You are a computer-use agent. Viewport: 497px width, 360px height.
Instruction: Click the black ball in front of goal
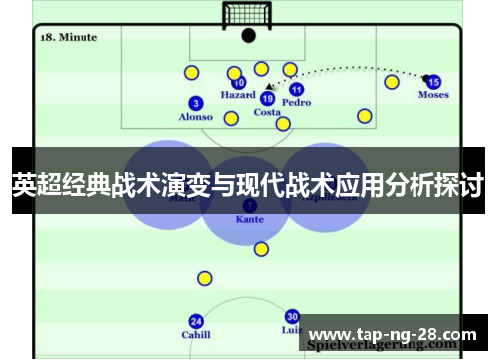pyautogui.click(x=248, y=36)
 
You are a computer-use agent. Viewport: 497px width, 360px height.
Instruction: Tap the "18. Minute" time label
pyautogui.click(x=69, y=37)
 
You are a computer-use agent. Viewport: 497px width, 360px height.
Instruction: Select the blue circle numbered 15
pyautogui.click(x=433, y=82)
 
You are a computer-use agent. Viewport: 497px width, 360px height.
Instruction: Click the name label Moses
pyautogui.click(x=433, y=96)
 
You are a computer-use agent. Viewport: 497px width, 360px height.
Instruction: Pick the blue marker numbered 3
pyautogui.click(x=196, y=103)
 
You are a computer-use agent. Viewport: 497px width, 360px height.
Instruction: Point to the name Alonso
pyautogui.click(x=195, y=117)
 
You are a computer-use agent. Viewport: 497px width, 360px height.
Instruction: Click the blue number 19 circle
pyautogui.click(x=267, y=98)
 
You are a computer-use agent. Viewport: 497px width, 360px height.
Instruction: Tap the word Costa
pyautogui.click(x=267, y=113)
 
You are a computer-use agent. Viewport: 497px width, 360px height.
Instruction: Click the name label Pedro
pyautogui.click(x=296, y=102)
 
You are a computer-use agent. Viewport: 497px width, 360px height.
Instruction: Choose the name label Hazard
pyautogui.click(x=238, y=96)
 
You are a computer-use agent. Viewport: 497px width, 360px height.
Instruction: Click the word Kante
pyautogui.click(x=249, y=218)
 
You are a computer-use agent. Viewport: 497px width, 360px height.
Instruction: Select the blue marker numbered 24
pyautogui.click(x=196, y=321)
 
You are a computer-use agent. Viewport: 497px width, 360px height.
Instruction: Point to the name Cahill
pyautogui.click(x=196, y=335)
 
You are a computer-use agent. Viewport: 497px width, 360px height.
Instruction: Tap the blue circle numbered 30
pyautogui.click(x=292, y=316)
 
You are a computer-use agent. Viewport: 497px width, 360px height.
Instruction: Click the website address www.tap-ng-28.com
pyautogui.click(x=394, y=333)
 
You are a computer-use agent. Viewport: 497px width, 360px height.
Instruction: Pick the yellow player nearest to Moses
pyautogui.click(x=392, y=81)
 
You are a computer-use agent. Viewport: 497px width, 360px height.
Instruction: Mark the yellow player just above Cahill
pyautogui.click(x=204, y=278)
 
